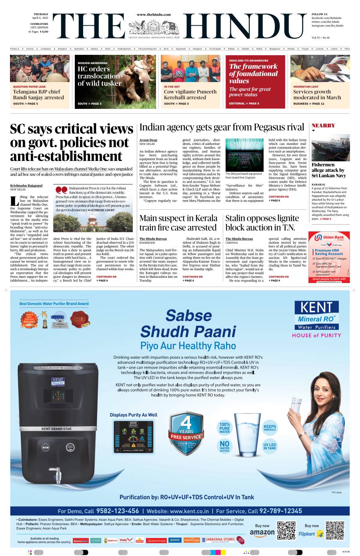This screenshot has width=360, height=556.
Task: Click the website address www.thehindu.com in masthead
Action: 154,14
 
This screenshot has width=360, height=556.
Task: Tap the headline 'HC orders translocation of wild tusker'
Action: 99,76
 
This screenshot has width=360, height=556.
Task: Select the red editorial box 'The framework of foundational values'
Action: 255,82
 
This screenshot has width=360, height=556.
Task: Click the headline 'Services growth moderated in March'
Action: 317,94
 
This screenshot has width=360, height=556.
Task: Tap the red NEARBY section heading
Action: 323,126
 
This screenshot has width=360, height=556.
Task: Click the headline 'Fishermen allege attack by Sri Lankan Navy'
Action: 328,170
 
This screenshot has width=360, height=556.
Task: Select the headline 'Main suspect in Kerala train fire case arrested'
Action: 178,223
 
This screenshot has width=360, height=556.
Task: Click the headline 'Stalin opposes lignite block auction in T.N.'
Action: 262,223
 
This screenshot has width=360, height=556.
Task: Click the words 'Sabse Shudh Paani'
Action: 188,323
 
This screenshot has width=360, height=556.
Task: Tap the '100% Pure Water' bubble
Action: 224,428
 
